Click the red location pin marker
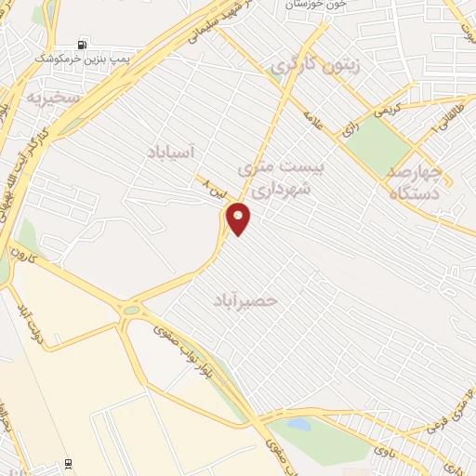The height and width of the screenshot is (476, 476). click(239, 218)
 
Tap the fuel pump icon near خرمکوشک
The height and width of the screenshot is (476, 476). click(84, 44)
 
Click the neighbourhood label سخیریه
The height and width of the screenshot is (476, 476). click(53, 96)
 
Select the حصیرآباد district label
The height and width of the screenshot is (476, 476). click(245, 301)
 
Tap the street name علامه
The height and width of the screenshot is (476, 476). click(313, 123)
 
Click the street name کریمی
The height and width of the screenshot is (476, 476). click(391, 109)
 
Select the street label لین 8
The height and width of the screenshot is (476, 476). click(213, 189)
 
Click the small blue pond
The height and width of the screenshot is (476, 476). click(298, 425)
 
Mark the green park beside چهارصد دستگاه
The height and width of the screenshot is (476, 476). click(379, 144)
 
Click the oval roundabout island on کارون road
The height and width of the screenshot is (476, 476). click(131, 310)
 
